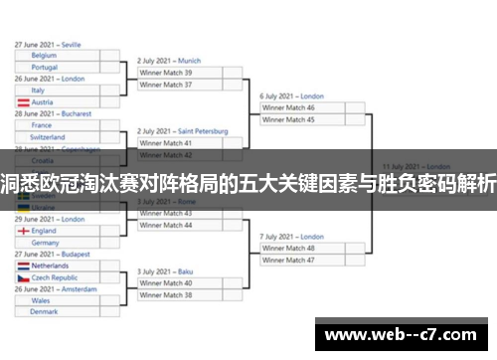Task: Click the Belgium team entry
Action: click(x=44, y=56)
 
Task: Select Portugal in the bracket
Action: click(x=45, y=67)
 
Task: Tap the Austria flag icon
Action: click(x=23, y=102)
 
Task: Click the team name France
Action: click(x=42, y=125)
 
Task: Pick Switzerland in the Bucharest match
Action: click(x=49, y=137)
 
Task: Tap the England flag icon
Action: click(x=23, y=231)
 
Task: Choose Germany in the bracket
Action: click(x=46, y=243)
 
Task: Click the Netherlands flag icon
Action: click(x=23, y=267)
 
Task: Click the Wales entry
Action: click(x=41, y=300)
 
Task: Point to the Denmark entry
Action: click(x=45, y=311)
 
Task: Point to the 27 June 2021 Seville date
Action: click(x=49, y=45)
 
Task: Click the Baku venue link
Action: click(x=182, y=271)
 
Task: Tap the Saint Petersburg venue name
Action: click(x=204, y=131)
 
